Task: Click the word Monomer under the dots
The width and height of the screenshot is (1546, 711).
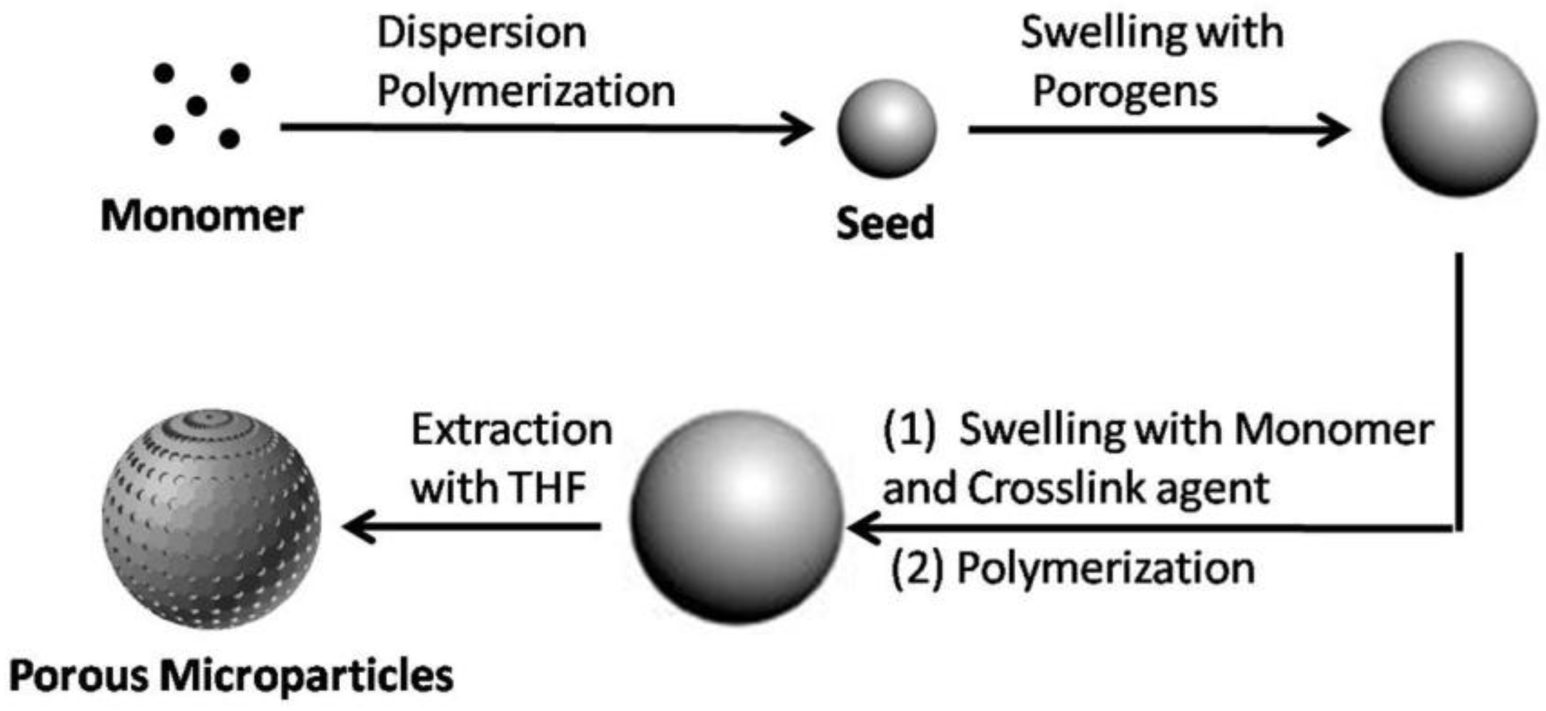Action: (x=202, y=216)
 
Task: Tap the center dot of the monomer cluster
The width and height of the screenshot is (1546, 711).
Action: (x=196, y=105)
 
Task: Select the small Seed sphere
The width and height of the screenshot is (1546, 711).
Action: (x=887, y=128)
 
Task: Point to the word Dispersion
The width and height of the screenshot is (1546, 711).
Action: (x=482, y=33)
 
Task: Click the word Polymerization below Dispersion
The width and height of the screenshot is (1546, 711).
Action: (x=526, y=91)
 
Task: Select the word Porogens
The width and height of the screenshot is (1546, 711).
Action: (x=1125, y=91)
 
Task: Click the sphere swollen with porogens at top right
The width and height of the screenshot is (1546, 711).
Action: (x=1460, y=118)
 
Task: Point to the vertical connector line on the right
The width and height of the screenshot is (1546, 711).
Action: (x=1459, y=392)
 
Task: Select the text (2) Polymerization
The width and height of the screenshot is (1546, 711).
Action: (x=1072, y=569)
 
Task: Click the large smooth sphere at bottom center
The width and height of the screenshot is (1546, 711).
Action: (x=737, y=517)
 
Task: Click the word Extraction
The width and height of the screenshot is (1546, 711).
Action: (x=512, y=430)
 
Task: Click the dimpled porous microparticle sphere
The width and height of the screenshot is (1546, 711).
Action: (x=212, y=519)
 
